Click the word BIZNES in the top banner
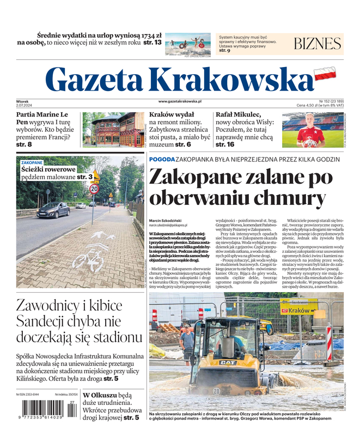click(318, 44)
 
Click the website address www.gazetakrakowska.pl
click(180, 101)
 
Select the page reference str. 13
click(150, 42)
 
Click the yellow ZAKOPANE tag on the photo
click(32, 162)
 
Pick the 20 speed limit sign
click(94, 189)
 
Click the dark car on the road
click(53, 209)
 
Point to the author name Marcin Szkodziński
click(169, 221)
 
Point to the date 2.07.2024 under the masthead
click(26, 106)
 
